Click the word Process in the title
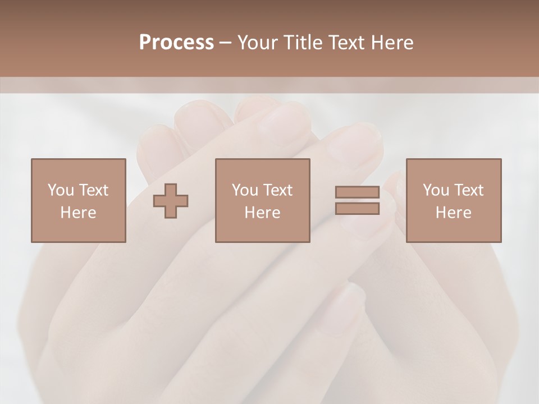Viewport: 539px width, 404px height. [176, 43]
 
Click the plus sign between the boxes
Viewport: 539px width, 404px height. [171, 201]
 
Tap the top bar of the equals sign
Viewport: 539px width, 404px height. [357, 192]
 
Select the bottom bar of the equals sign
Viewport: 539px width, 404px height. [357, 208]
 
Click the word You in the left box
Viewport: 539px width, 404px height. [61, 190]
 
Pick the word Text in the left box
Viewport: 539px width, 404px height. [93, 190]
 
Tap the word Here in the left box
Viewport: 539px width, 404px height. [78, 213]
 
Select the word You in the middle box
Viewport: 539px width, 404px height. [245, 190]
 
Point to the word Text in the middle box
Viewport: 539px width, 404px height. [277, 190]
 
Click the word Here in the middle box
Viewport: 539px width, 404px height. [262, 213]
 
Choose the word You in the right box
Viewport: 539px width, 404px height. [436, 190]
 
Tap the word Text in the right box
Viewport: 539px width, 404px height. [468, 190]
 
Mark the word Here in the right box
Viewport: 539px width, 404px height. [453, 213]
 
